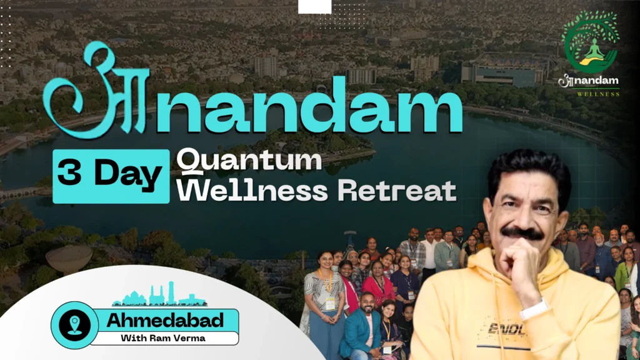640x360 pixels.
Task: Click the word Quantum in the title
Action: click(x=249, y=161)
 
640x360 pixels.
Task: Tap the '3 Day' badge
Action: click(x=111, y=176)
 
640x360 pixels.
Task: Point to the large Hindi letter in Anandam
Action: click(x=96, y=92)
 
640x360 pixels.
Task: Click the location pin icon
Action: click(x=74, y=325)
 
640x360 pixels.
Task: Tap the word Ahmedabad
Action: click(x=165, y=321)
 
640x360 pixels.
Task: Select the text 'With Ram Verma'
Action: click(x=163, y=338)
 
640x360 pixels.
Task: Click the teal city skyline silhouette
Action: click(x=159, y=295)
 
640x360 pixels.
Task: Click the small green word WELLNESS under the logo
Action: click(x=598, y=94)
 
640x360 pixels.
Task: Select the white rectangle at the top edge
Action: click(x=315, y=6)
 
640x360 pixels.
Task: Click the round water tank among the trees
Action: click(x=69, y=259)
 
